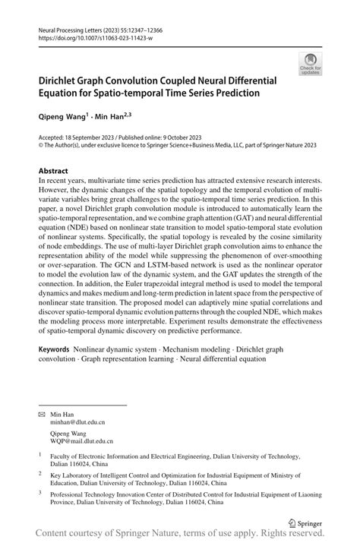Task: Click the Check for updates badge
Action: point(310,65)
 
